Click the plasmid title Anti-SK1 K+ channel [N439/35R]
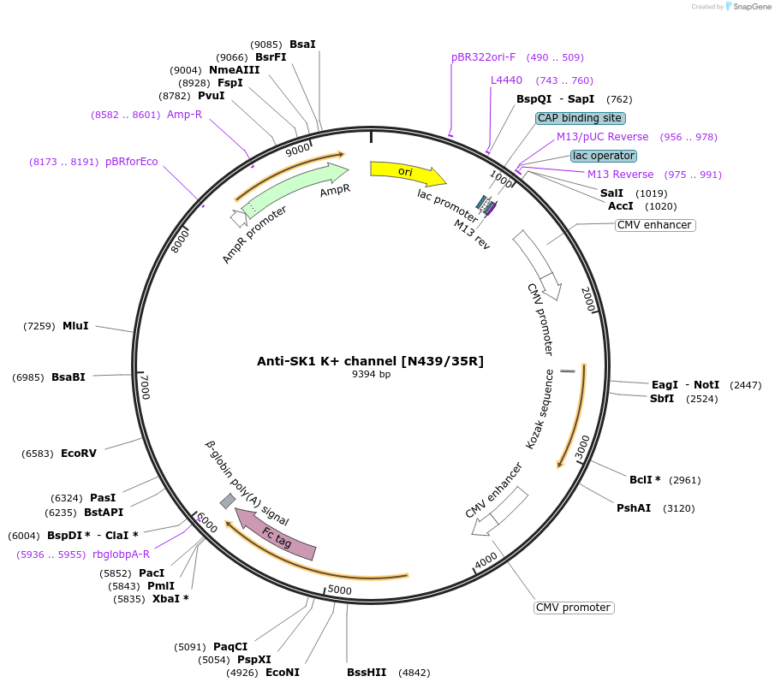370,361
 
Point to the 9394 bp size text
371,374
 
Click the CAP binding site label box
581,118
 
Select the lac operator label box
604,156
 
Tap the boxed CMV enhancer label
655,225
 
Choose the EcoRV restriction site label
79,454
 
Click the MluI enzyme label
75,326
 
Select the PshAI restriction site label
634,507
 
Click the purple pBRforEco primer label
131,162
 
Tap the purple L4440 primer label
506,80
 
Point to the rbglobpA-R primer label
121,555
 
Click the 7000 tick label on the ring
145,386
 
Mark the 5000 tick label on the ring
339,590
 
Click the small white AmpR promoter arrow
239,218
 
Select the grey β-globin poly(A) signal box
228,501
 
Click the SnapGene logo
748,7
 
